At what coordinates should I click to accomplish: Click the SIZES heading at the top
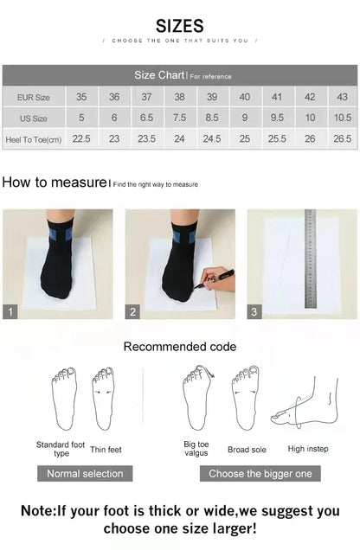[x=180, y=26]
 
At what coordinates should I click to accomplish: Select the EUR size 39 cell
[x=212, y=98]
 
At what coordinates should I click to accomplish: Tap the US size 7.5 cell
[x=179, y=118]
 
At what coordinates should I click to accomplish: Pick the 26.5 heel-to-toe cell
[x=342, y=138]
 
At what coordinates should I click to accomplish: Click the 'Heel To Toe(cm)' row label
[x=33, y=138]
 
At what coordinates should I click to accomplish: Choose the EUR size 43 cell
[x=342, y=98]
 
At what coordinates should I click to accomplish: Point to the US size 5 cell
[x=81, y=118]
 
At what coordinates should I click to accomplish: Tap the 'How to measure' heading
[x=54, y=182]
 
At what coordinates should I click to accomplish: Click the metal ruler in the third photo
[x=310, y=259]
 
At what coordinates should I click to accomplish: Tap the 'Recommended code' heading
[x=179, y=347]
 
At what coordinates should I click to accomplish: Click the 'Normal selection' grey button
[x=85, y=473]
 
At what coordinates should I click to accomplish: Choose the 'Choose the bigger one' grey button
[x=260, y=473]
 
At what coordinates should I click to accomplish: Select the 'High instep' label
[x=308, y=449]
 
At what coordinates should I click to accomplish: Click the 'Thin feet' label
[x=106, y=449]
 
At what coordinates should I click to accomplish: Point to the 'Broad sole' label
[x=247, y=450]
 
